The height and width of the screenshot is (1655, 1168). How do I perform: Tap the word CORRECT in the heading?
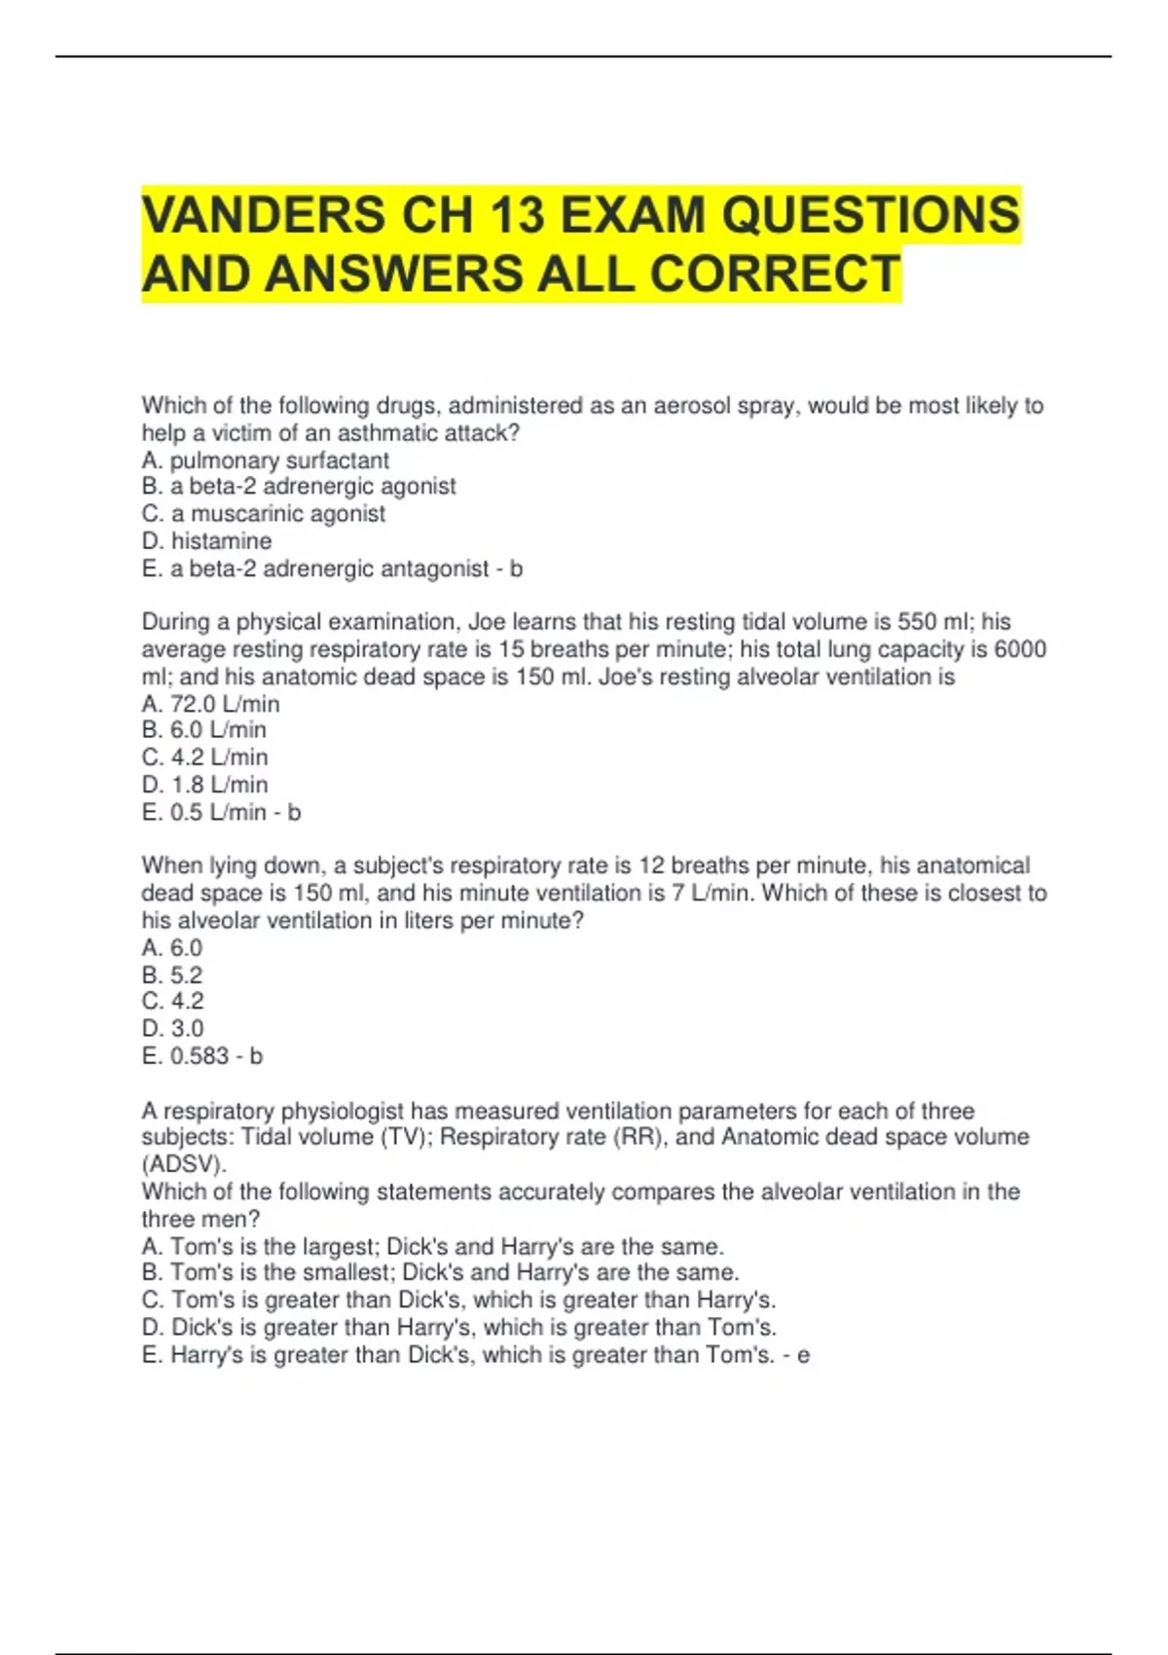pos(775,274)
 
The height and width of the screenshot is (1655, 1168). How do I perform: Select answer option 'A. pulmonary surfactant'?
pos(265,460)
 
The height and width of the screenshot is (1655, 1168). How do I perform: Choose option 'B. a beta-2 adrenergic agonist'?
pos(298,487)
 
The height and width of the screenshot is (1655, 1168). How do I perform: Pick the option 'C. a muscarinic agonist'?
pos(263,514)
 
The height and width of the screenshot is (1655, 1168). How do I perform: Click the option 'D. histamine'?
pos(206,541)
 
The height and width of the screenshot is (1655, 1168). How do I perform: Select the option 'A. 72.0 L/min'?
pos(210,704)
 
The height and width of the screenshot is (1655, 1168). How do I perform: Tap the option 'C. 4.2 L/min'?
pos(204,757)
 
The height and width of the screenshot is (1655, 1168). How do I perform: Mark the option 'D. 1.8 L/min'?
pos(204,785)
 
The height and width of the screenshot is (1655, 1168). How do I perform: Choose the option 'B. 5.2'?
pos(172,975)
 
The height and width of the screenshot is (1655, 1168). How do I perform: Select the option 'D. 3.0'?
pos(172,1029)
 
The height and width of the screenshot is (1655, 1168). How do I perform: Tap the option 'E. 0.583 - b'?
pos(201,1056)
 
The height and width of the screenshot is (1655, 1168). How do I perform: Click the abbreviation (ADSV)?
pos(184,1164)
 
